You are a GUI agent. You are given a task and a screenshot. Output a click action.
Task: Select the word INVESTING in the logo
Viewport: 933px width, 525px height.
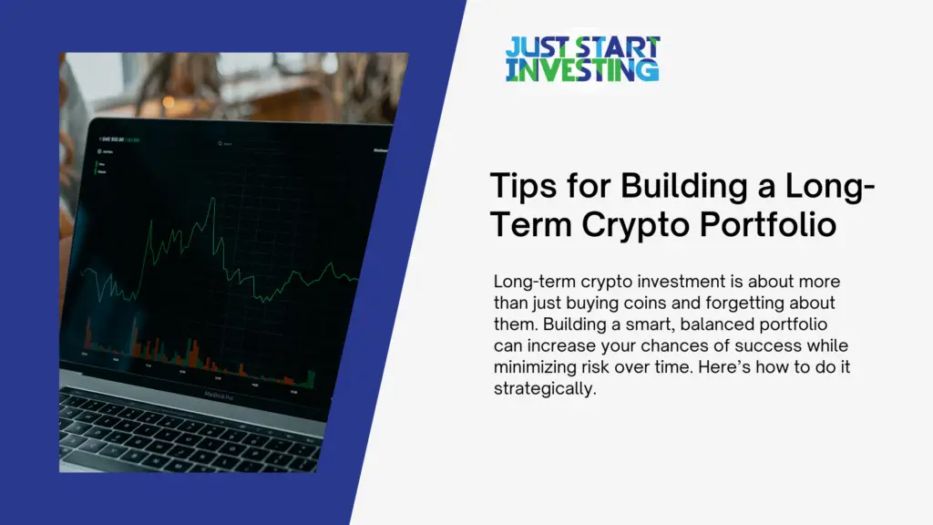582,71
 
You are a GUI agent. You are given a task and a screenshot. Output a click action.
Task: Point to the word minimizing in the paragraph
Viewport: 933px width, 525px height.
532,368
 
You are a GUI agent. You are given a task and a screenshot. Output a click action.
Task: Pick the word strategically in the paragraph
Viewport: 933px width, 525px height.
543,390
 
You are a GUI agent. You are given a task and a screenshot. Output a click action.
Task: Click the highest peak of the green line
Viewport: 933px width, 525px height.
213,198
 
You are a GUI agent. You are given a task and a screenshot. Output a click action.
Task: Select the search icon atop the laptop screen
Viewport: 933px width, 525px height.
220,143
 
